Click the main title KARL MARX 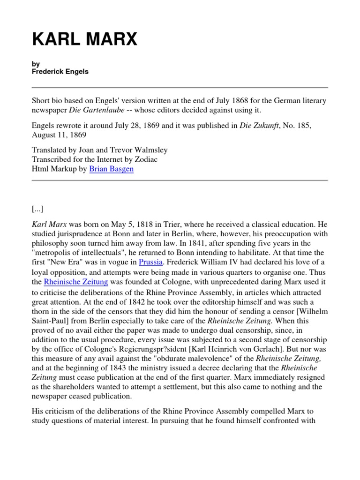coord(84,40)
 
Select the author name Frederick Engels coord(60,72)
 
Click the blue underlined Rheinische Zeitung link coord(76,282)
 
